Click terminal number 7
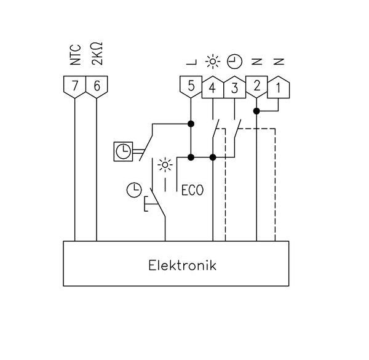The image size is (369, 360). (x=74, y=86)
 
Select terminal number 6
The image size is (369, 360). (x=97, y=86)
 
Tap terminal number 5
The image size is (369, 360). (x=191, y=86)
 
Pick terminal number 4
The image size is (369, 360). (x=212, y=87)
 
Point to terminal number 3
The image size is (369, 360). (x=234, y=87)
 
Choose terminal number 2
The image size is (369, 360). (x=256, y=86)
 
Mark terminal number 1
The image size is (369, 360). (x=279, y=87)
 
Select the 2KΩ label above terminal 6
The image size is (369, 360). (x=97, y=55)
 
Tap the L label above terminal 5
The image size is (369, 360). (x=191, y=62)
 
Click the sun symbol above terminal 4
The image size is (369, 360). (x=213, y=61)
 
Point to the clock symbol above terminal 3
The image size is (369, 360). (x=235, y=61)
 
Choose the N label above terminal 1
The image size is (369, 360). (x=279, y=62)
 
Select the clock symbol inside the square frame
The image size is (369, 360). (x=124, y=151)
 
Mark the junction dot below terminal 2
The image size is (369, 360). (x=256, y=111)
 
